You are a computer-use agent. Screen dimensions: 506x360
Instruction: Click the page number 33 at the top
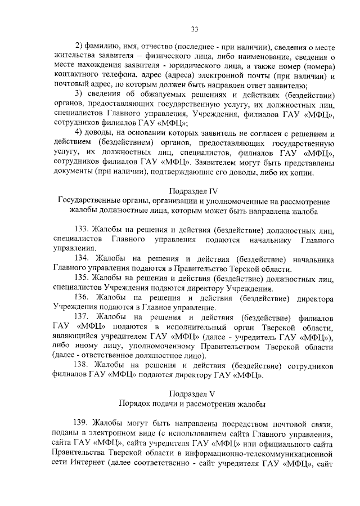point(195,29)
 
